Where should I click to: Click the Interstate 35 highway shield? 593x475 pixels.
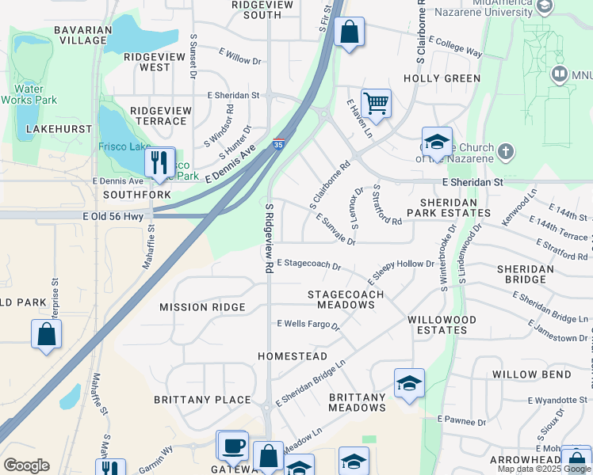tap(277, 145)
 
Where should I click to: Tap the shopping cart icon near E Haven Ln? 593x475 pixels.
tap(376, 103)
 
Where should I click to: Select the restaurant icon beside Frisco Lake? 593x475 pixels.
tap(159, 162)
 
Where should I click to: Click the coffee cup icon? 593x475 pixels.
tap(232, 446)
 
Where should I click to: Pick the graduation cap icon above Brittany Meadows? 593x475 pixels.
tap(409, 384)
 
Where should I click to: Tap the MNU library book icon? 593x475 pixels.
tap(560, 75)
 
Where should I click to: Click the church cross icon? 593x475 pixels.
tap(505, 150)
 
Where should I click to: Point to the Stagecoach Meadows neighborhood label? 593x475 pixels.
tap(346, 299)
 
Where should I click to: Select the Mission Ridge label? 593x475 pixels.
tap(202, 307)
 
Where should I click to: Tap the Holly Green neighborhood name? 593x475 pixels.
tap(442, 78)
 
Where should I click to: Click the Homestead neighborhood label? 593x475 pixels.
tap(293, 356)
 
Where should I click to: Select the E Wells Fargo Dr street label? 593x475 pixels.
tap(308, 325)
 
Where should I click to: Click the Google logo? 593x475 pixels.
tap(26, 465)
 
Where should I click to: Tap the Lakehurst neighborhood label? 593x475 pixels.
tap(54, 128)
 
